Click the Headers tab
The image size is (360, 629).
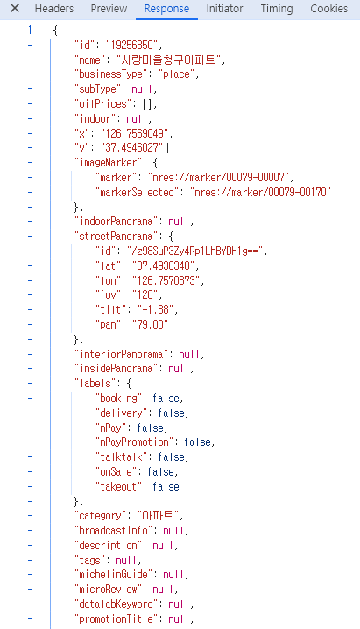[54, 8]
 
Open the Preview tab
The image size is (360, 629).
[109, 8]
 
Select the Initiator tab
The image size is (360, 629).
[224, 8]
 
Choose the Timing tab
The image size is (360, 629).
[277, 8]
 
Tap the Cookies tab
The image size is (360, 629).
[328, 8]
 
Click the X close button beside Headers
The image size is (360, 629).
[15, 8]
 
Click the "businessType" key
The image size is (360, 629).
[109, 74]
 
